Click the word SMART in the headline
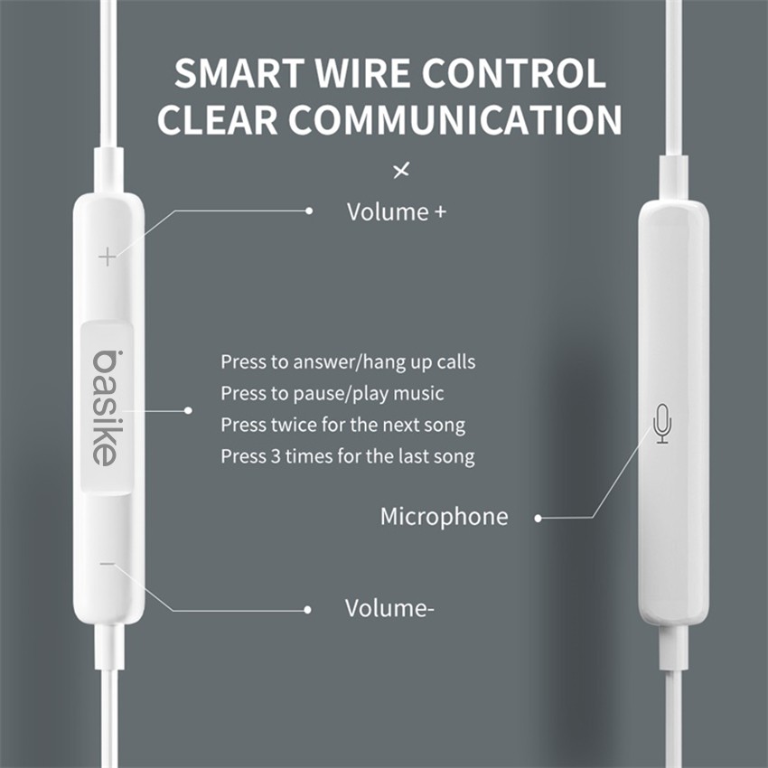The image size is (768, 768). tap(239, 73)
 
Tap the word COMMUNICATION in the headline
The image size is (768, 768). tap(455, 120)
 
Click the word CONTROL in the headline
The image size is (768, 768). tap(514, 73)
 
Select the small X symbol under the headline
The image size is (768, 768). tap(401, 171)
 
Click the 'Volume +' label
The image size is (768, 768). tap(397, 212)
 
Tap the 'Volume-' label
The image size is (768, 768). tap(389, 608)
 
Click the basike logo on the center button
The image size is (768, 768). tap(105, 407)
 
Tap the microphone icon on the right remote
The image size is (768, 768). tap(662, 424)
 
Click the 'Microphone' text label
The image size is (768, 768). tap(445, 517)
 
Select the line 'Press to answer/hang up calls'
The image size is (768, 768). tap(348, 362)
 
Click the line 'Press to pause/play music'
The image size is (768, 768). tap(332, 394)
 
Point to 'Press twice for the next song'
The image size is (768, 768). tap(342, 426)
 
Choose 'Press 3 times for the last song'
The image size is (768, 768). tap(348, 456)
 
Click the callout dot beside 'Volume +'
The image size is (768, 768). tap(309, 211)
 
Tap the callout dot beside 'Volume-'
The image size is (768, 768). tap(307, 610)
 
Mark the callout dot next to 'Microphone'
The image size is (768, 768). tap(538, 518)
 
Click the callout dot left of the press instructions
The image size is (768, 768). tap(188, 410)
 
